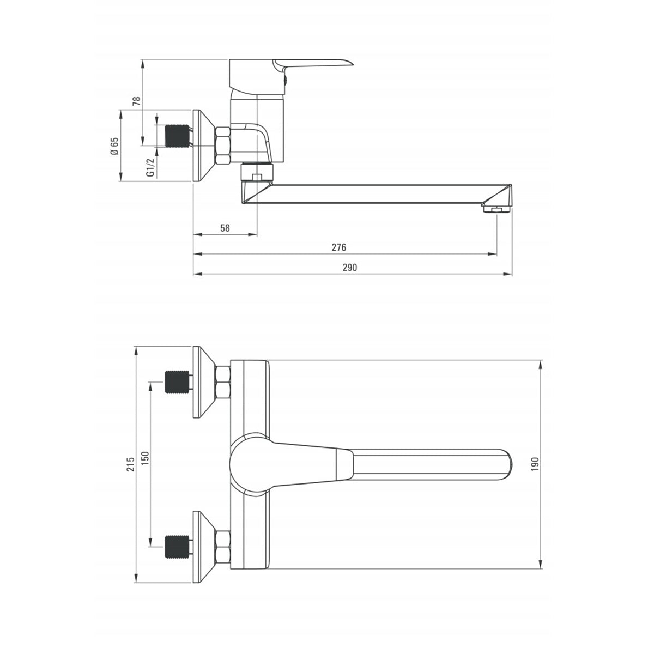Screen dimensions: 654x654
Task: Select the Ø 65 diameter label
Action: pyautogui.click(x=114, y=146)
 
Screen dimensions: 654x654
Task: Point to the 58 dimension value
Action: pyautogui.click(x=225, y=228)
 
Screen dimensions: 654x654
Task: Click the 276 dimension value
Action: pyautogui.click(x=339, y=247)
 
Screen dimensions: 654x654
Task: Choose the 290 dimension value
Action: pyautogui.click(x=349, y=267)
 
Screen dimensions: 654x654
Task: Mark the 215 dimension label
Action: pyautogui.click(x=130, y=464)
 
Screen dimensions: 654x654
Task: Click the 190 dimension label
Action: pyautogui.click(x=535, y=464)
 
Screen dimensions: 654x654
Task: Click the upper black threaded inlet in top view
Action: pyautogui.click(x=177, y=381)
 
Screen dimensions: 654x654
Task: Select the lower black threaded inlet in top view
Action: pyautogui.click(x=177, y=546)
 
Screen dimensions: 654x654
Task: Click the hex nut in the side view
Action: pyautogui.click(x=223, y=146)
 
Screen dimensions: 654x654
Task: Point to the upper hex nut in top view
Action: pyautogui.click(x=223, y=382)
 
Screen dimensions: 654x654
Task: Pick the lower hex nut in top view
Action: pyautogui.click(x=223, y=547)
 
